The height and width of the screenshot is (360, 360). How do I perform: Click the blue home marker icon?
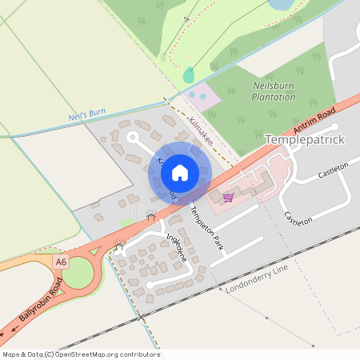pyautogui.click(x=180, y=172)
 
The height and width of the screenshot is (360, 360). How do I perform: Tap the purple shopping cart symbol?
pyautogui.click(x=228, y=197)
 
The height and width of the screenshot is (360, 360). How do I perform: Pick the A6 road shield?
pyautogui.click(x=60, y=262)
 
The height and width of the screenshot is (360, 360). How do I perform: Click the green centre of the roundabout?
pyautogui.click(x=78, y=274)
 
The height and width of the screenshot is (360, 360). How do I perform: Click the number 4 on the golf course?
pyautogui.click(x=186, y=18)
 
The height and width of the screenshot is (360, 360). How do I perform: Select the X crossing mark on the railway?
pyautogui.click(x=142, y=318)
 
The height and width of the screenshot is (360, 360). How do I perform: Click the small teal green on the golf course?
pyautogui.click(x=189, y=75)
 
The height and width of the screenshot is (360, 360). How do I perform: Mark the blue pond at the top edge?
pyautogui.click(x=281, y=4)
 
